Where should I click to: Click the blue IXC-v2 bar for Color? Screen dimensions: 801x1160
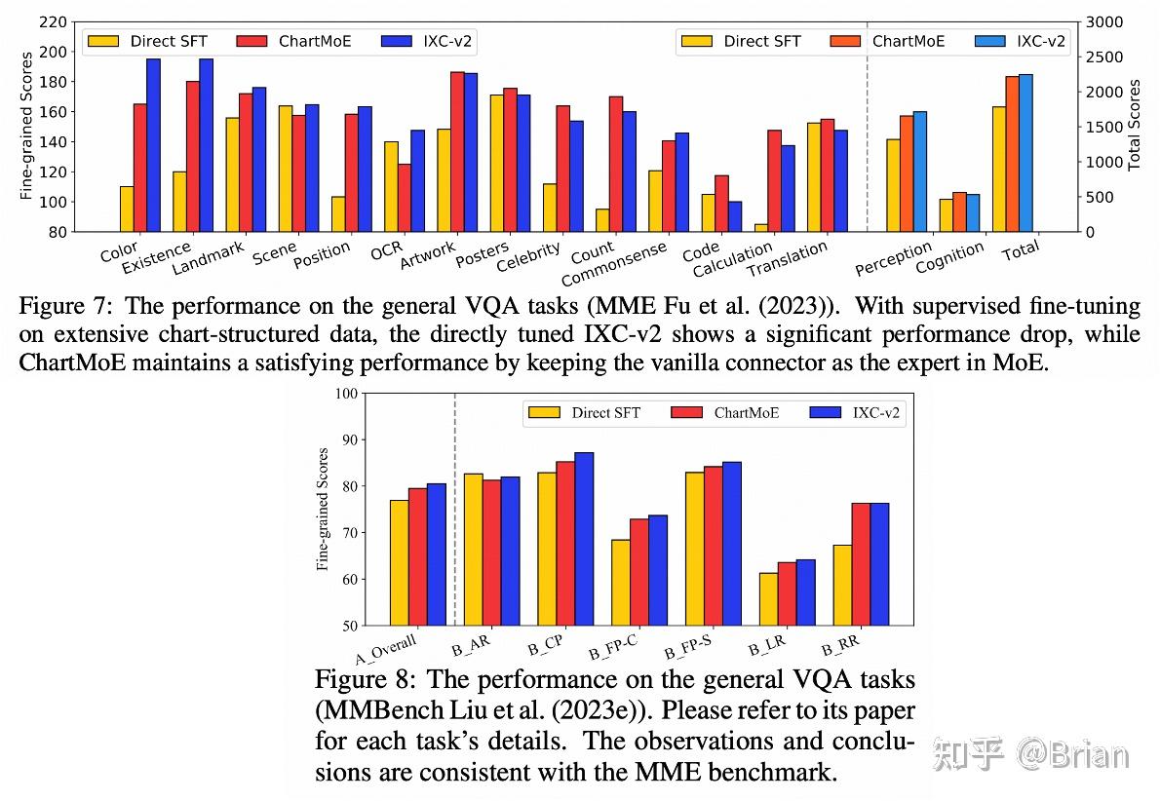pyautogui.click(x=153, y=145)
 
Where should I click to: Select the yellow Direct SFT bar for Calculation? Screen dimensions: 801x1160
pyautogui.click(x=760, y=228)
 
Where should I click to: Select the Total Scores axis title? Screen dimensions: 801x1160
pyautogui.click(x=1134, y=127)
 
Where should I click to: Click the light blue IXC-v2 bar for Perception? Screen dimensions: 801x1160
pyautogui.click(x=920, y=172)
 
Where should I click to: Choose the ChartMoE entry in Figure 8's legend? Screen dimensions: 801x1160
pyautogui.click(x=725, y=413)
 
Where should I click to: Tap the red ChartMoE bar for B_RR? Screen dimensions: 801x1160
pyautogui.click(x=861, y=563)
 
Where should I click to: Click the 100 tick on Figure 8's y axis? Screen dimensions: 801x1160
pyautogui.click(x=345, y=394)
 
